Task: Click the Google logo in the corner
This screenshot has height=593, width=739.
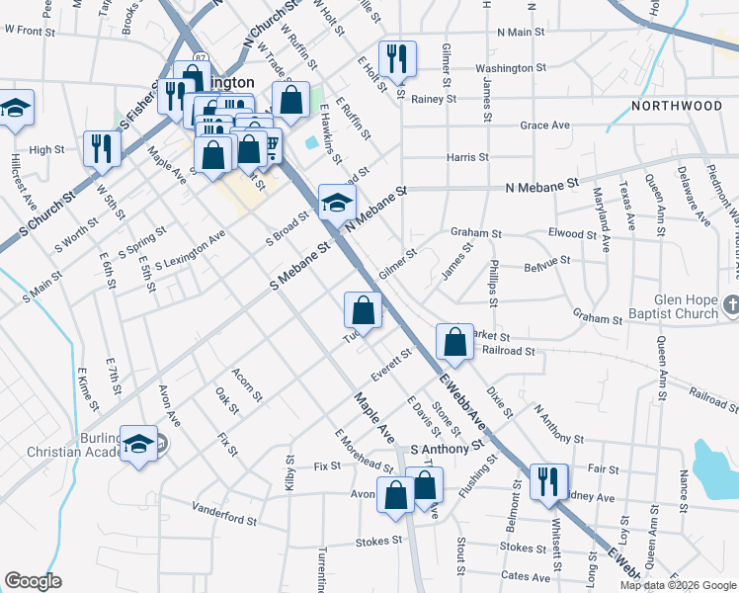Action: click(33, 581)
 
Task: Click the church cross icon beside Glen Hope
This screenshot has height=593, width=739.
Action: click(729, 303)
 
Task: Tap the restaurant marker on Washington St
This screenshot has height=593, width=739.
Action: click(397, 60)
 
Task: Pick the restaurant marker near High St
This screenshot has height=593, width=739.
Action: click(102, 150)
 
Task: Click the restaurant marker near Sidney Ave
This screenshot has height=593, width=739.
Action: click(548, 482)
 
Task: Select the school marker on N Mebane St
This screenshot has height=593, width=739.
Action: click(337, 205)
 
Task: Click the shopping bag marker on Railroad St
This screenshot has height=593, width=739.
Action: click(454, 344)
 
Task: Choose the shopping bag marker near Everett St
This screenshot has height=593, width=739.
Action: click(364, 311)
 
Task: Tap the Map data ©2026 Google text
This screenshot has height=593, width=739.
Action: click(677, 585)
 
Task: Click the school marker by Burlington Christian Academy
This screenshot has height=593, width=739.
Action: click(138, 445)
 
